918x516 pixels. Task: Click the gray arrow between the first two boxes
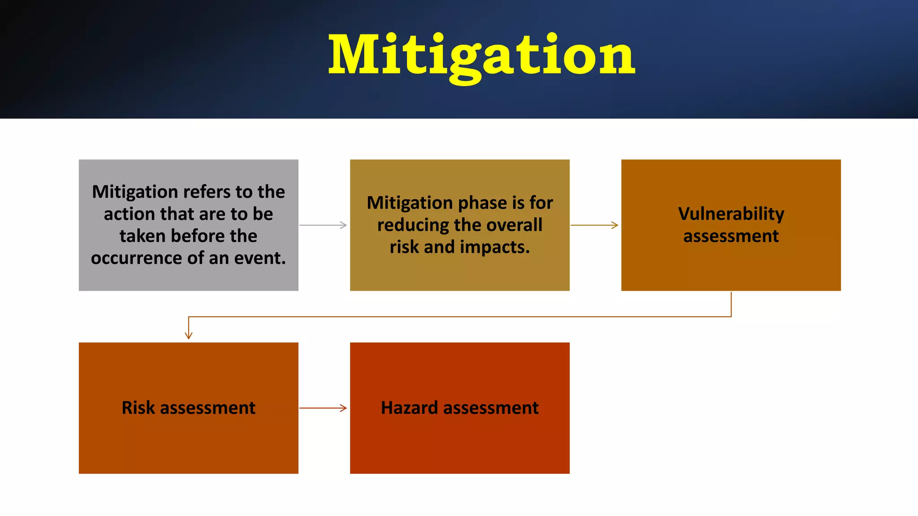pos(323,225)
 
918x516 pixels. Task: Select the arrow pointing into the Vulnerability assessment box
pos(594,225)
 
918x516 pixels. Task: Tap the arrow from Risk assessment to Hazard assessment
pos(323,408)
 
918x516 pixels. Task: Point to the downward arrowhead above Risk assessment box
pos(189,335)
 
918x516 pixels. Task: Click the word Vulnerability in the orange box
pos(731,214)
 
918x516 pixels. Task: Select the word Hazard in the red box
pos(409,408)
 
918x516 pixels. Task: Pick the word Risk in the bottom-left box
pos(139,408)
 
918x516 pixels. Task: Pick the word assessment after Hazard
pos(491,408)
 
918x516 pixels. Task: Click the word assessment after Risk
pos(208,408)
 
